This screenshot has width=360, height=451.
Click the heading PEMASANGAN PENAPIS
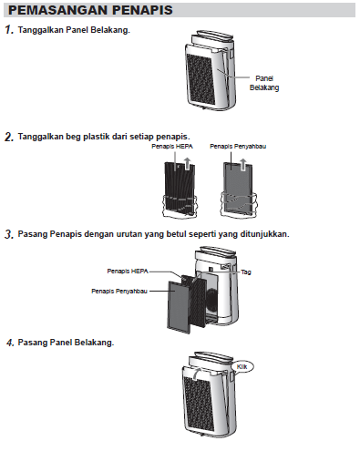pos(90,10)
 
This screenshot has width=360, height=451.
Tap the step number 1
pos(9,30)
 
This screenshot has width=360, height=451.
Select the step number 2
pos(9,137)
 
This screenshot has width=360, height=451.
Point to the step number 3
pos(9,234)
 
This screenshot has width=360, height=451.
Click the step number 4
pos(10,343)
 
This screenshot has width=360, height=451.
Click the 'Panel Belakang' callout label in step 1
pos(264,83)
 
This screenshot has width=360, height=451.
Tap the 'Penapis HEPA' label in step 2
pos(172,147)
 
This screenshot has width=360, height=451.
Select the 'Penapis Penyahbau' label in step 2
pos(238,147)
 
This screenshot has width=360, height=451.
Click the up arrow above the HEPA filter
pos(188,163)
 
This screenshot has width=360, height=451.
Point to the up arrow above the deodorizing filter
pos(243,164)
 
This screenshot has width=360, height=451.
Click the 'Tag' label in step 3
pos(246,272)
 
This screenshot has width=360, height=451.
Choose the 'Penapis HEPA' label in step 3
pos(128,271)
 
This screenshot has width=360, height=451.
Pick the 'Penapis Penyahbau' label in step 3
pos(119,292)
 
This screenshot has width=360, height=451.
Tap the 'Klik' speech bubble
pos(242,367)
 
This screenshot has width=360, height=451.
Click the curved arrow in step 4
pos(198,372)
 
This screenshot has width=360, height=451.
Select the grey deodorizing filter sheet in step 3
pos(180,306)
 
